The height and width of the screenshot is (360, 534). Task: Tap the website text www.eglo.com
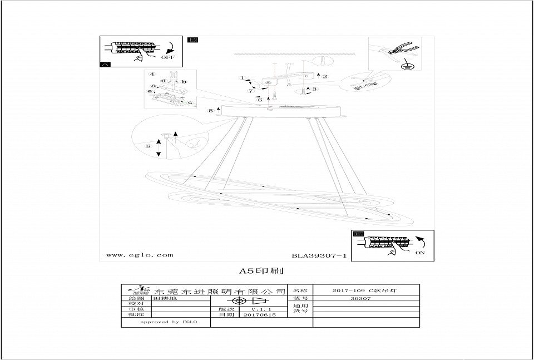139,255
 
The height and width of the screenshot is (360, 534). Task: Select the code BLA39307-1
319,256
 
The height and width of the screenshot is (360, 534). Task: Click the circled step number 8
148,146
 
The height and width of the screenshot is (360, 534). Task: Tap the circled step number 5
210,111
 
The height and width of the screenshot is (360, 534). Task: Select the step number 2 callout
325,76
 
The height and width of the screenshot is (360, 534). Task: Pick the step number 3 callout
314,88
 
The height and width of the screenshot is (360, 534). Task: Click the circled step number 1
243,78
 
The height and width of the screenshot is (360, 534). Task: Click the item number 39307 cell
363,299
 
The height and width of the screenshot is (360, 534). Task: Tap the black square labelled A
105,65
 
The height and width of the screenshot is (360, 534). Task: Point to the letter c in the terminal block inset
190,102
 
